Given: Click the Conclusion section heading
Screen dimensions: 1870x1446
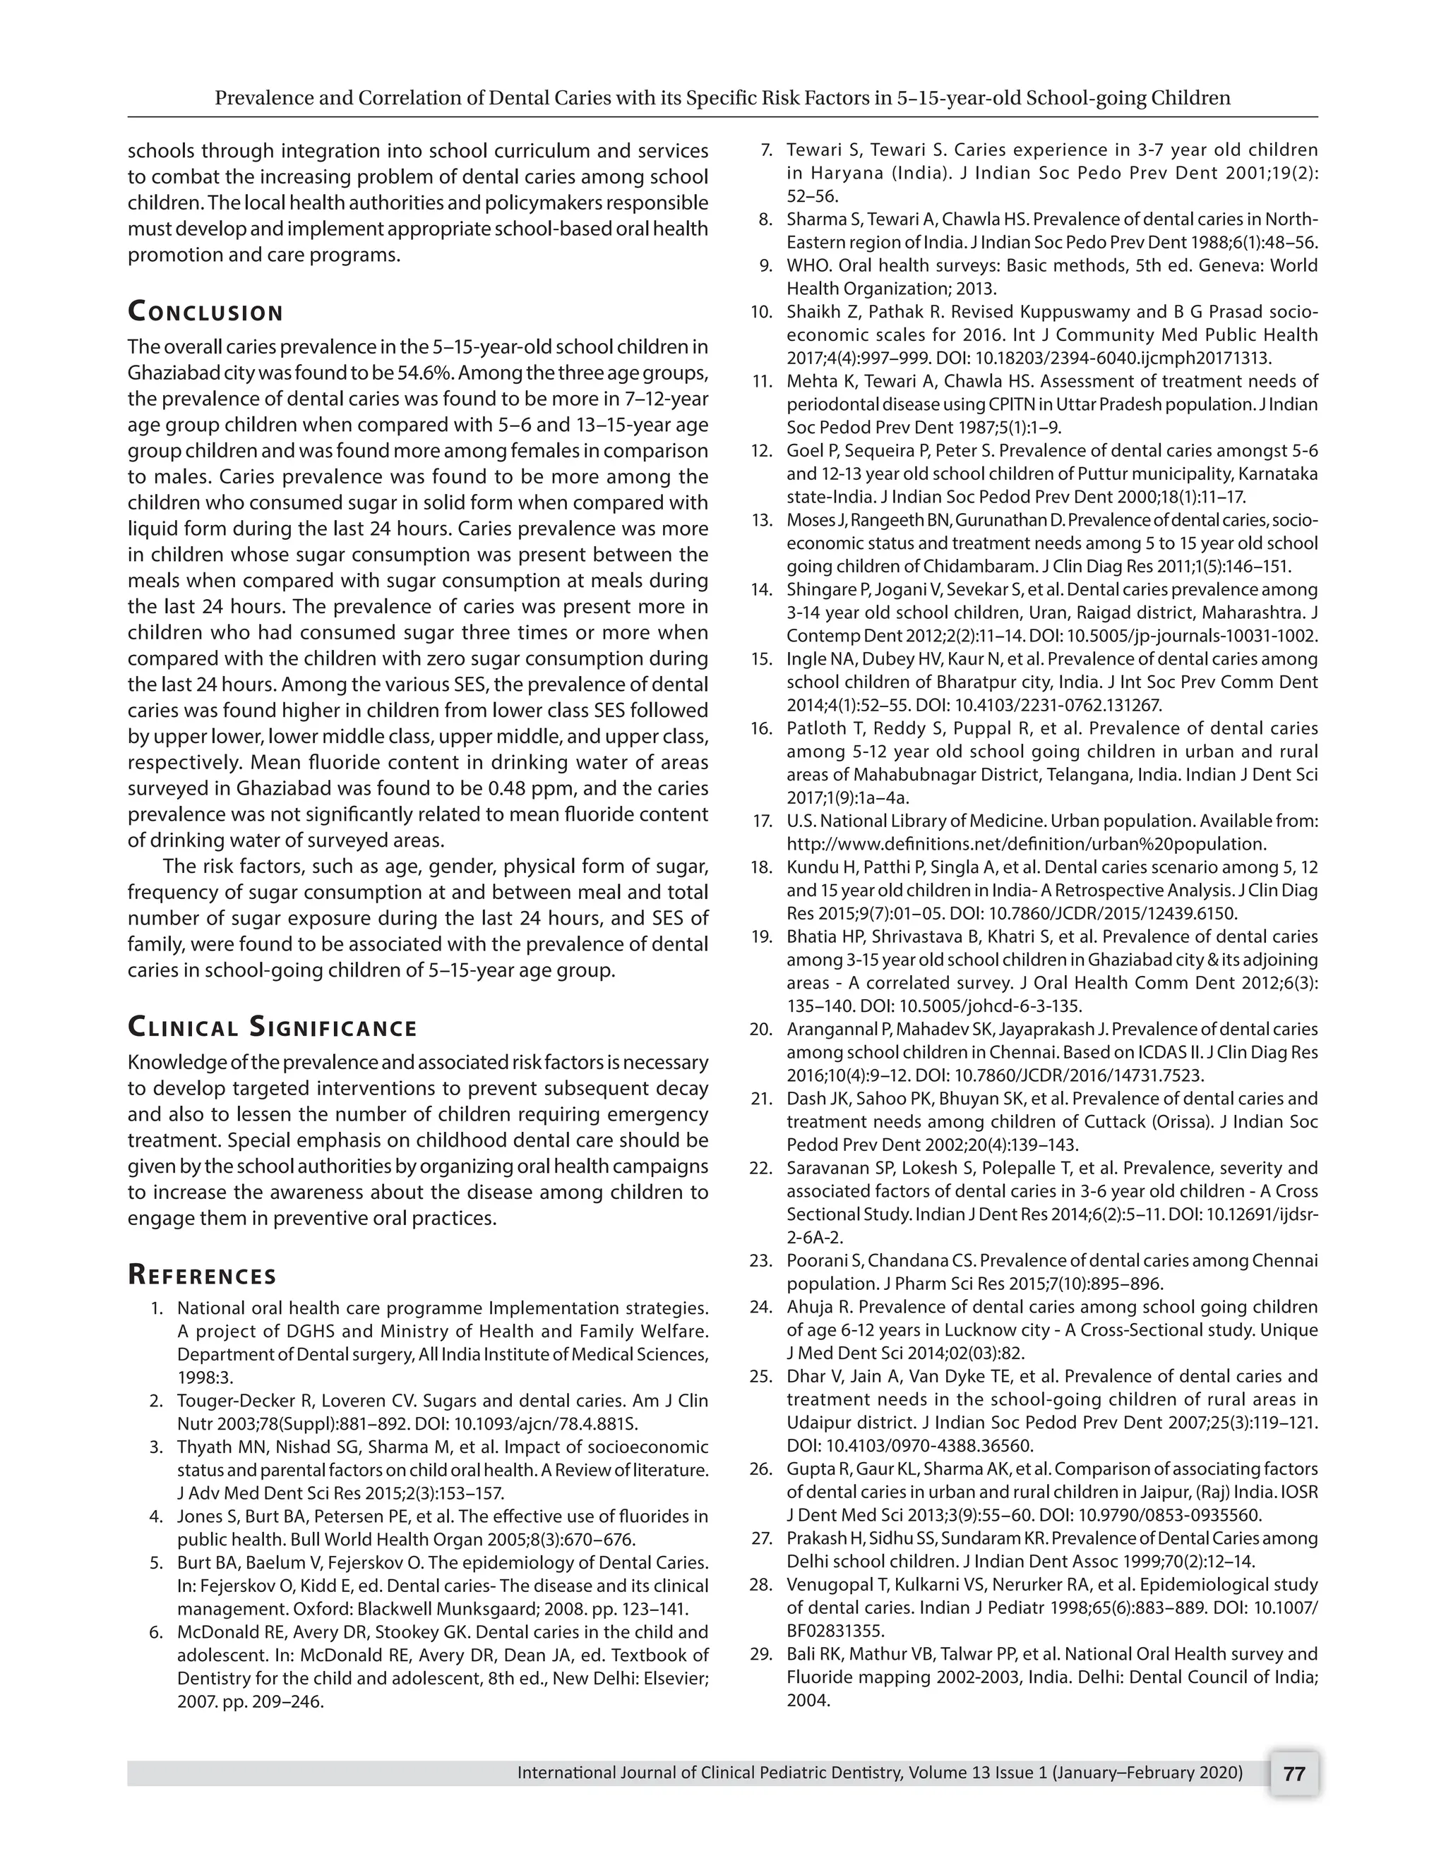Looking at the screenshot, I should [x=205, y=312].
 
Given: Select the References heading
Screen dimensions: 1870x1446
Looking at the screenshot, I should [x=202, y=1275].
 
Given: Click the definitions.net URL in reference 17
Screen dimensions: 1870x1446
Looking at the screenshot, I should [x=1026, y=844].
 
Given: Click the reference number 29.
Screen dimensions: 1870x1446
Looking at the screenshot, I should [x=760, y=1654].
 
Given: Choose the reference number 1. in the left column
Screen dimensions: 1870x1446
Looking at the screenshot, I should [x=157, y=1308].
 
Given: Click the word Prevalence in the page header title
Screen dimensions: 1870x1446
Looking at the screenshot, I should [x=264, y=97].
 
